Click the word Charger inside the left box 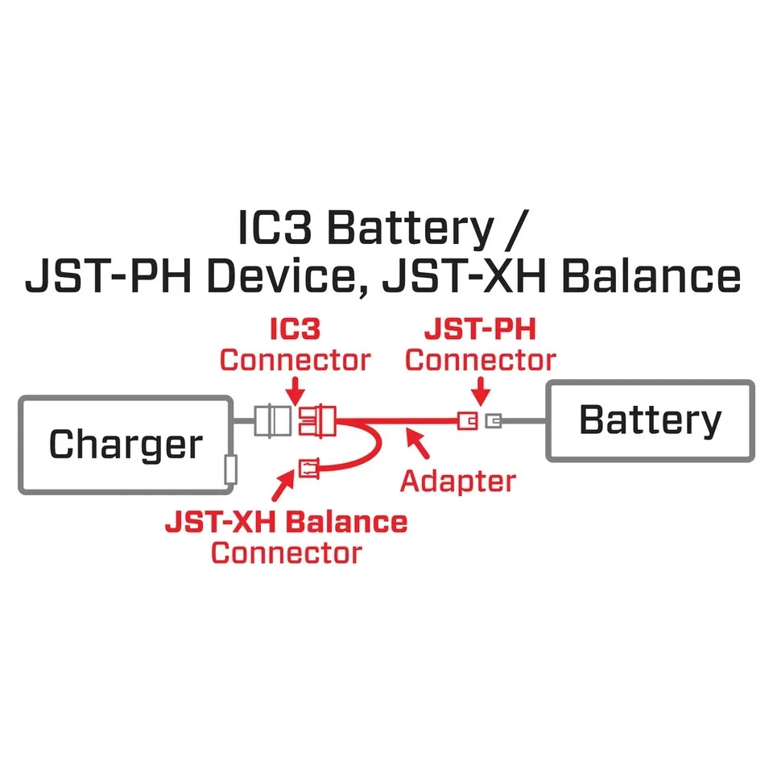pyautogui.click(x=126, y=444)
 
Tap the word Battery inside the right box pyautogui.click(x=650, y=420)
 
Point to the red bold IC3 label pyautogui.click(x=295, y=330)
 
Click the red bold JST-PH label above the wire pyautogui.click(x=480, y=330)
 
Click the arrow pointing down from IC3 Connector pyautogui.click(x=296, y=391)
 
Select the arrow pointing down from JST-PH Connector pyautogui.click(x=481, y=393)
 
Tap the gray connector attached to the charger pyautogui.click(x=272, y=420)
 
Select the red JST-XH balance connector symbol pyautogui.click(x=308, y=467)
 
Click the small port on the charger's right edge pyautogui.click(x=230, y=469)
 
